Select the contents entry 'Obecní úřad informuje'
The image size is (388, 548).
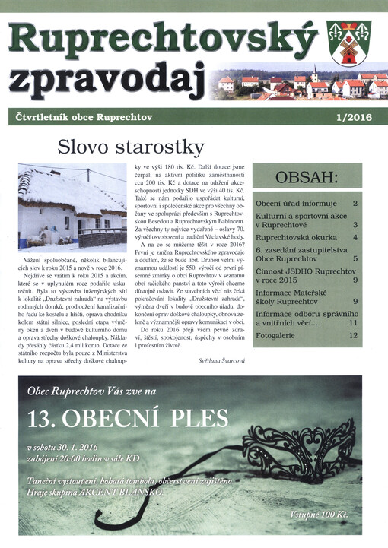coord(296,204)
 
